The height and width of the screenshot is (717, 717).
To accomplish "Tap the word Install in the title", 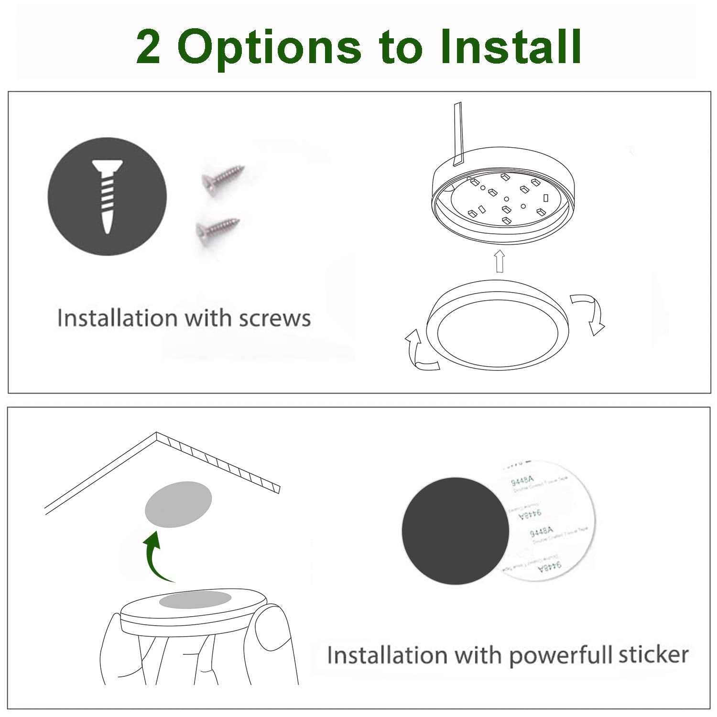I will [510, 46].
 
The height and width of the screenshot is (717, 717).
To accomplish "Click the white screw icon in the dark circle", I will [108, 196].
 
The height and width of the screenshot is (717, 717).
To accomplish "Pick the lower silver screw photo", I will [217, 228].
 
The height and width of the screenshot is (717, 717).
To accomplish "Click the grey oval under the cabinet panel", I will [178, 504].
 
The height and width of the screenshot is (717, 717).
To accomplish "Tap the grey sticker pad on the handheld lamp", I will [195, 600].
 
